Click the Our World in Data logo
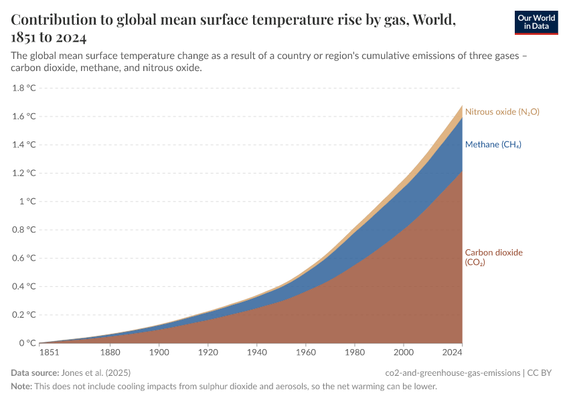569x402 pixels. [536, 22]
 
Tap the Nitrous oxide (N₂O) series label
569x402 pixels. [502, 112]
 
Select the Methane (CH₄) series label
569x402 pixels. [493, 145]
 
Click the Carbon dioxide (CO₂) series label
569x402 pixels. [493, 257]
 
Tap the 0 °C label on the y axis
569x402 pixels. [27, 344]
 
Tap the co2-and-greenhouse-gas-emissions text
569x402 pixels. [453, 373]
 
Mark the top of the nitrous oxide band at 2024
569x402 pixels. [462, 105]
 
